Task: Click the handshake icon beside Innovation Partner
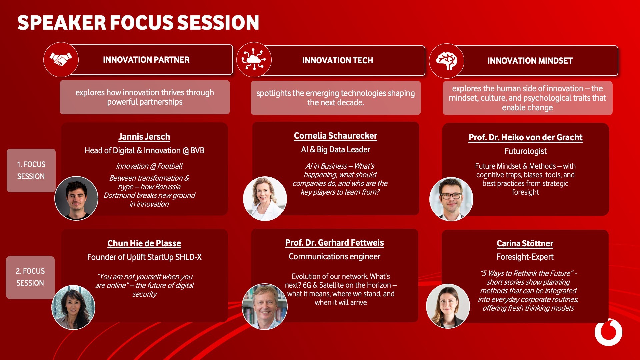point(61,60)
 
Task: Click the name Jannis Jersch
point(144,137)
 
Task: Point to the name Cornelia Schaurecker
point(336,136)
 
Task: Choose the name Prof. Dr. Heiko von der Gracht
point(526,137)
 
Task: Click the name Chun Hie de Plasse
point(144,243)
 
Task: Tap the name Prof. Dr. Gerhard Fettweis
point(335,243)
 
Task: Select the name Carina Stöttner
point(525,243)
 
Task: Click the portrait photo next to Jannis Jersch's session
point(76,198)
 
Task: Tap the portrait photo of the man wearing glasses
point(451,199)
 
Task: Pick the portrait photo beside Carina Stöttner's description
point(448,306)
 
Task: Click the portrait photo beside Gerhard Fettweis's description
point(265,307)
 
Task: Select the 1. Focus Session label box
point(31,170)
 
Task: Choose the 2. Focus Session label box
point(30,277)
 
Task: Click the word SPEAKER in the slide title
point(62,23)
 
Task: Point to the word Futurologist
point(526,151)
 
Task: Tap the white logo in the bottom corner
point(609,332)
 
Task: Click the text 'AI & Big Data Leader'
point(336,150)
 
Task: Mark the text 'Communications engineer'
point(335,257)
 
